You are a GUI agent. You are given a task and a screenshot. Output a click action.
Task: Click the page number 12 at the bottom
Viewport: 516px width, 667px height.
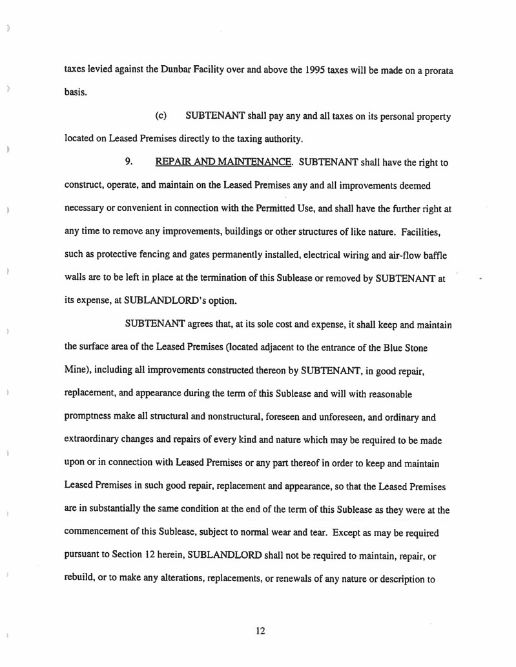point(260,631)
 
